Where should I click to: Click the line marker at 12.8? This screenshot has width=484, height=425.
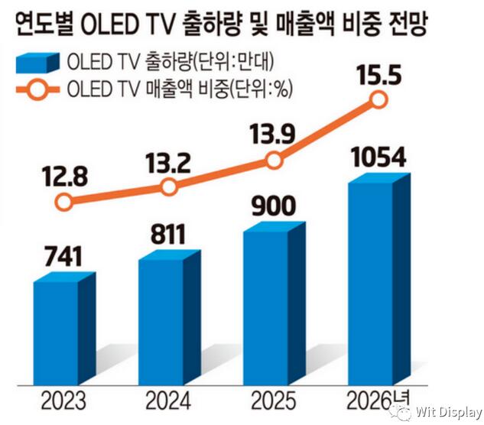[65, 202]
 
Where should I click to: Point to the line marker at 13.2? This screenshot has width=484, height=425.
[170, 187]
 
